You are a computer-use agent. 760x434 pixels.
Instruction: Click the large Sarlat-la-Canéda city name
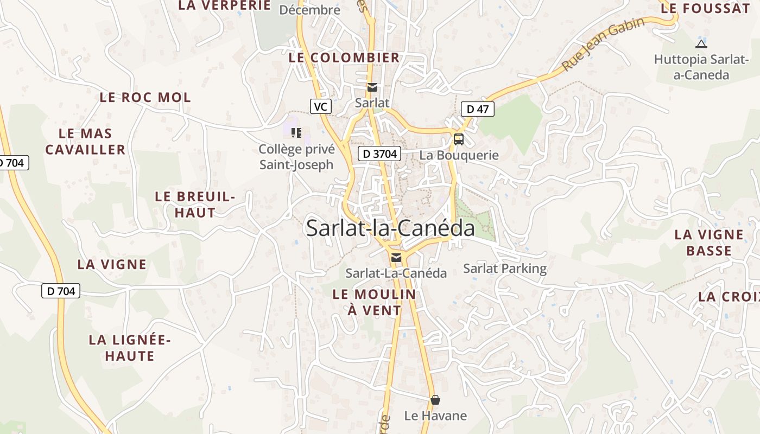pos(390,228)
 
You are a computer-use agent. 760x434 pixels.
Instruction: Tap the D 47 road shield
pos(478,109)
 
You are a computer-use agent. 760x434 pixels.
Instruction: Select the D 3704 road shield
pos(379,154)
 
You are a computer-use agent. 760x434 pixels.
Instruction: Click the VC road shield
pos(321,106)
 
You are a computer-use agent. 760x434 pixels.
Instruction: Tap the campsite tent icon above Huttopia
pos(701,44)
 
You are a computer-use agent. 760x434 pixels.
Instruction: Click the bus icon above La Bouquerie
pos(459,139)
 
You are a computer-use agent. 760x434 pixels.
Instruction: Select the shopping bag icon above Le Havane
pos(435,400)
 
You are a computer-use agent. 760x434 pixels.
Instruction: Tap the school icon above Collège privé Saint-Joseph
pos(296,132)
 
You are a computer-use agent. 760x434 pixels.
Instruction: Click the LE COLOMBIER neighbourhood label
pos(344,58)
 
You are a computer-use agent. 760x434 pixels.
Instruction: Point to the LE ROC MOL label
pos(145,98)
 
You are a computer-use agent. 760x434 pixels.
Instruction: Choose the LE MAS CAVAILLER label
pos(85,141)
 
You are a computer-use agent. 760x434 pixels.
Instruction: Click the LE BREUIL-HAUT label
pos(195,204)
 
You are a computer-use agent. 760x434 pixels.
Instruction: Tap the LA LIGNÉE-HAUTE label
pos(130,348)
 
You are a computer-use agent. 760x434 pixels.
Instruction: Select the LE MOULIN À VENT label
pos(374,302)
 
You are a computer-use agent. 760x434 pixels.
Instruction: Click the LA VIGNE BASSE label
pos(709,242)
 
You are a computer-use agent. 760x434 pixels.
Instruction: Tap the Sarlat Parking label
pos(505,269)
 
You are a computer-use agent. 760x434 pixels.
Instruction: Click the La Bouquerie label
pos(459,155)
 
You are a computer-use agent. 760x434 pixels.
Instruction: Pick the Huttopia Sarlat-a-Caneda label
pos(701,67)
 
